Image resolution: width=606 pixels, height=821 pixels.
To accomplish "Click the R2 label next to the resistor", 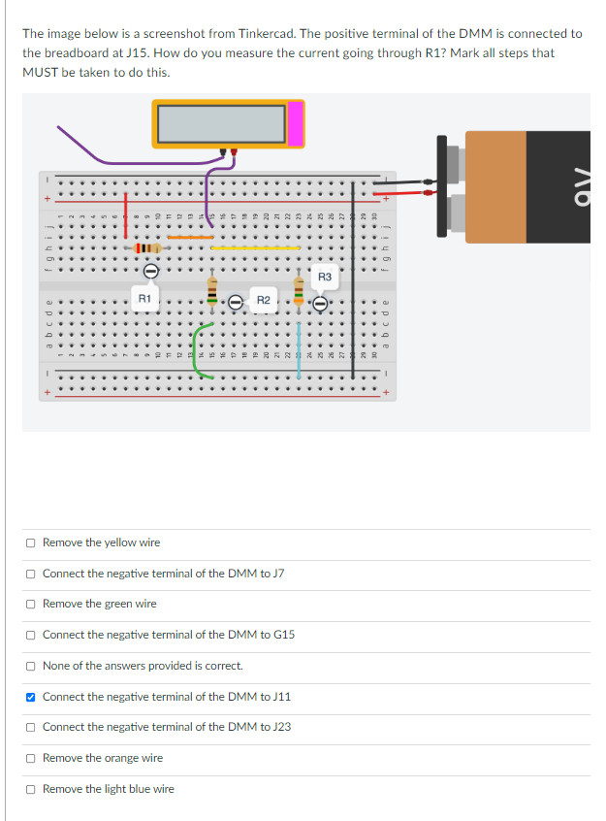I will point(263,301).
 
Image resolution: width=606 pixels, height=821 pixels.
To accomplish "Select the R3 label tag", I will point(325,278).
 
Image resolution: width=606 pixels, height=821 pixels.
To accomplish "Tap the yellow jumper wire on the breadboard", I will point(255,247).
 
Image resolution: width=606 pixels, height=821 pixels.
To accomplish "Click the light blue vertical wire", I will point(300,340).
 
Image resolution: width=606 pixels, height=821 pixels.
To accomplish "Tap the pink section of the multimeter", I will point(295,122).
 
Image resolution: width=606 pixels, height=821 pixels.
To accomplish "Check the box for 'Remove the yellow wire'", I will point(32,542).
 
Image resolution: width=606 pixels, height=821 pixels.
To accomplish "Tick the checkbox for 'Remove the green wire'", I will point(32,604).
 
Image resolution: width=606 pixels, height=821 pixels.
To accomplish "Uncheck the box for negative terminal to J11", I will point(32,697).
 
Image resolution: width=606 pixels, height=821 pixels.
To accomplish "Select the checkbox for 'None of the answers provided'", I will point(32,666).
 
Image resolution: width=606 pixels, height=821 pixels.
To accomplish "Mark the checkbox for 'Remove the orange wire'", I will point(32,758).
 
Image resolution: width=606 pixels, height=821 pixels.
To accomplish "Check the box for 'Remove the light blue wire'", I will point(32,789).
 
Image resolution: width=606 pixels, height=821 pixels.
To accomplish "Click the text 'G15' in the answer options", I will point(283,635).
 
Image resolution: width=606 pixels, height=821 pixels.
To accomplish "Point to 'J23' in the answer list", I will point(280,727).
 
